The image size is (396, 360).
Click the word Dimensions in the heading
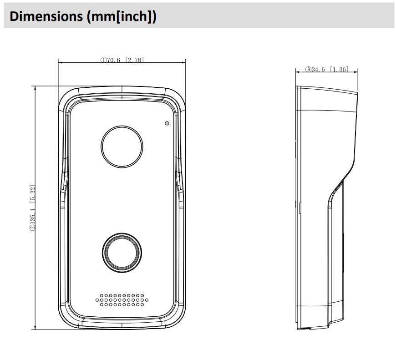(46, 16)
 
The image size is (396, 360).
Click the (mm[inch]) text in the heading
(122, 17)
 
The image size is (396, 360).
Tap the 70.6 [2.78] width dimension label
(122, 60)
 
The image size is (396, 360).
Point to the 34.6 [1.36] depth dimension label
(327, 69)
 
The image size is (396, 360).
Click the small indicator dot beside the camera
(167, 123)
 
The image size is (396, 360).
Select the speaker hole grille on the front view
(122, 300)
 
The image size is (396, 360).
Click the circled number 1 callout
(103, 60)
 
